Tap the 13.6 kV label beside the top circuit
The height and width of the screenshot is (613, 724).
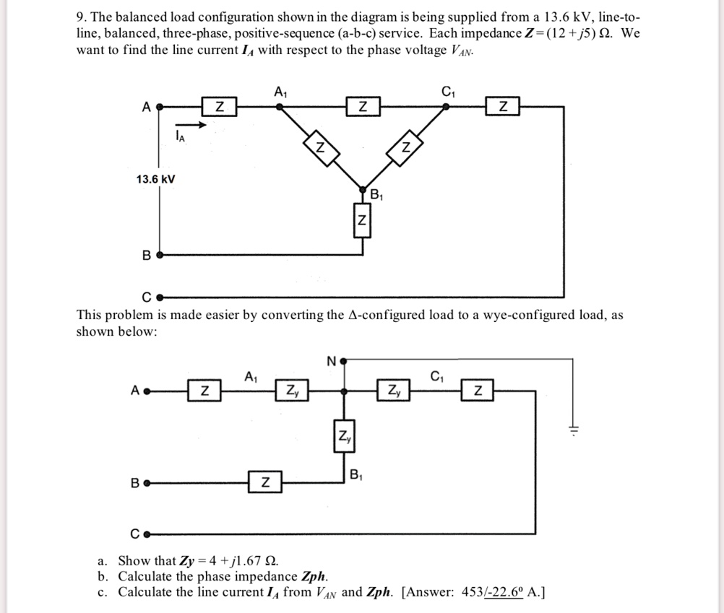(155, 178)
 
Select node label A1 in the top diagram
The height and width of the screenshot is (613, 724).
(280, 92)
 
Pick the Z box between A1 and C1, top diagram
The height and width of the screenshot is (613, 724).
(363, 107)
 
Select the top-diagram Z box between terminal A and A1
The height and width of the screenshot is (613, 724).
(219, 107)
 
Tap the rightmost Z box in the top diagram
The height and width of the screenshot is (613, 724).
(503, 107)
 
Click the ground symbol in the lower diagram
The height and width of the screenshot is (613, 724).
(573, 430)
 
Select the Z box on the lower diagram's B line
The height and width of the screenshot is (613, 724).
(265, 482)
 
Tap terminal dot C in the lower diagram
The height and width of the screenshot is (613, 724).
(147, 535)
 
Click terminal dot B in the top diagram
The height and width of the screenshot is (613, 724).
(160, 255)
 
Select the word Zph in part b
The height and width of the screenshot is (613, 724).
(312, 576)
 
